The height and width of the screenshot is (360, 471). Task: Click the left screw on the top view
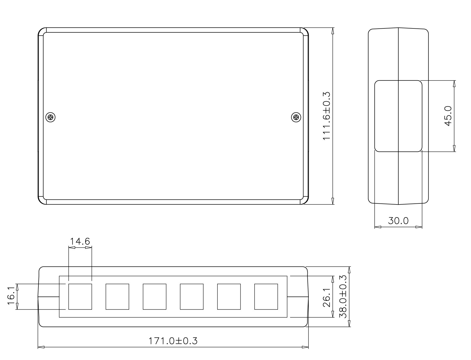[50, 117]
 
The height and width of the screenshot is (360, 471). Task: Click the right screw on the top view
[296, 117]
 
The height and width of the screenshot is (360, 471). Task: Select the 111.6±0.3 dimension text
[326, 116]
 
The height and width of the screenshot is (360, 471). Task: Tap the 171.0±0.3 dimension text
[173, 341]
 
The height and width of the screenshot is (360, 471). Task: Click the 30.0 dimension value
[398, 221]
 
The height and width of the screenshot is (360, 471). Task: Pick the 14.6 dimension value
[80, 241]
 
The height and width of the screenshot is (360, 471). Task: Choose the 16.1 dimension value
[12, 296]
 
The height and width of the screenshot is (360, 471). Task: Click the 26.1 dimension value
[326, 297]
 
